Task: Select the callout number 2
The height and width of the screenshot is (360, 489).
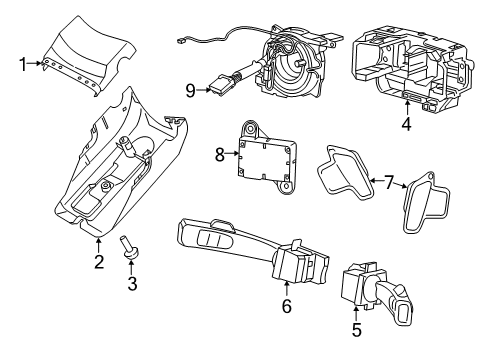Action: point(99,263)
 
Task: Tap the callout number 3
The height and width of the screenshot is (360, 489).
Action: point(130,285)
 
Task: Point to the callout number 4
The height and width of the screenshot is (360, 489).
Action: point(405,125)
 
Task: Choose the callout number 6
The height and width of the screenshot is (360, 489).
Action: point(286,307)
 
